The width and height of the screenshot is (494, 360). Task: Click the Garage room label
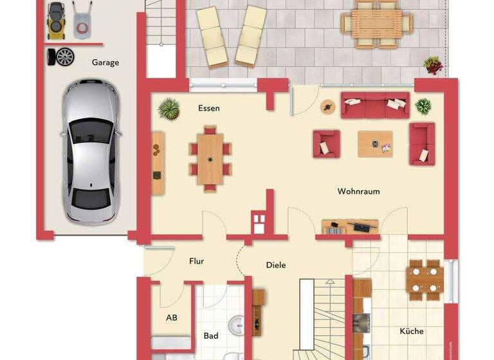(x=105, y=62)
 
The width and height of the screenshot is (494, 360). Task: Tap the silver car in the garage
(x=91, y=152)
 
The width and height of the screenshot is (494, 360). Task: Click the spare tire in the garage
(x=64, y=57)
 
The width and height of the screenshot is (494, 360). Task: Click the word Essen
(x=208, y=108)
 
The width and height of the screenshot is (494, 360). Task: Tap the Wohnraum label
(x=358, y=191)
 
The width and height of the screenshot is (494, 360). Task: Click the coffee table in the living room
(x=374, y=144)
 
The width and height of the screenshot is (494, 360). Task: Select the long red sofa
(x=375, y=105)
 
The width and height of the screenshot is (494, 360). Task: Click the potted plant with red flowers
(x=433, y=64)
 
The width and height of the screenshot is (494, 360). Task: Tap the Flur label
(x=196, y=262)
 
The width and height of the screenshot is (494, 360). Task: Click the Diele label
(x=276, y=265)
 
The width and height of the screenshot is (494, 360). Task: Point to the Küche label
(x=412, y=331)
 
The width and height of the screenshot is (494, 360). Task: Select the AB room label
(x=171, y=318)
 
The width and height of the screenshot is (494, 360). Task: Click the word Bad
(x=211, y=336)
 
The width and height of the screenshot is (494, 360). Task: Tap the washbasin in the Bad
(x=237, y=325)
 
